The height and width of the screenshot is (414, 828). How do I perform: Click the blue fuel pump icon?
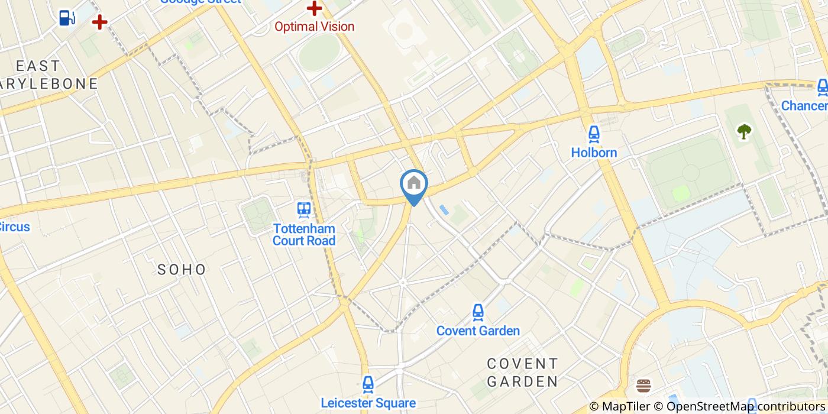tap(67, 18)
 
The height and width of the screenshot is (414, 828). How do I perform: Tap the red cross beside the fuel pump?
tap(99, 22)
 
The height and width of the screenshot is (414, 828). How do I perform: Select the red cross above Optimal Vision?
tap(314, 8)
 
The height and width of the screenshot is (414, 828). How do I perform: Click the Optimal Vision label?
tap(314, 27)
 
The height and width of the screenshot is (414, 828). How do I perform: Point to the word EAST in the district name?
tap(38, 66)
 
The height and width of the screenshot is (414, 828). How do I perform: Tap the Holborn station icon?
tap(594, 134)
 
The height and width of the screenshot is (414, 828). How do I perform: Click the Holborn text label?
tap(594, 153)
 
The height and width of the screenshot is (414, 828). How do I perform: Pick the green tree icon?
tap(743, 132)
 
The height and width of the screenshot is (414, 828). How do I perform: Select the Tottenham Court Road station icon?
tap(304, 209)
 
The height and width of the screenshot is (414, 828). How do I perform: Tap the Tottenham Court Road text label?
tap(304, 234)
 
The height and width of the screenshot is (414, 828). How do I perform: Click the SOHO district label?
tap(182, 270)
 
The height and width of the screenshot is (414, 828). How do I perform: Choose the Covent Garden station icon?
tap(478, 312)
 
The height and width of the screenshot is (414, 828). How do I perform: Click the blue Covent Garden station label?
tap(478, 331)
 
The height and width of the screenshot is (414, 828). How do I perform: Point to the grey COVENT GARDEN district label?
tap(522, 372)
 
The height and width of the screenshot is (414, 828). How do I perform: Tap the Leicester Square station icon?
tap(368, 384)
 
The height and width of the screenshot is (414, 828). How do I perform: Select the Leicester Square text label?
tap(368, 403)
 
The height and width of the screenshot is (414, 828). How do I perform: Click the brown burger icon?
tap(643, 387)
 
